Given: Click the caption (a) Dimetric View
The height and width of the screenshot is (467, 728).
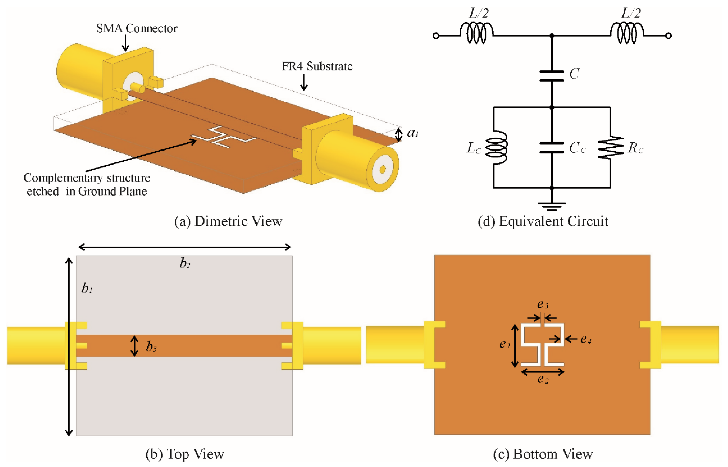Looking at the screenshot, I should coord(228,221).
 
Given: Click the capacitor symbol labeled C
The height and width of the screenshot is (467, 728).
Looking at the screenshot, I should coord(552,76).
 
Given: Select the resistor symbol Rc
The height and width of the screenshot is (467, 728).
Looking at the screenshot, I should coord(610,147).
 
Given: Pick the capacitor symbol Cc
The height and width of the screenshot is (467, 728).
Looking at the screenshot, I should coord(552,148).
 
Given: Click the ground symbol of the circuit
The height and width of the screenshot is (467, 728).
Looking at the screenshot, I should coord(552,206).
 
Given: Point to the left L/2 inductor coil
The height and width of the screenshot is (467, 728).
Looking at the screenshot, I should coord(476,33).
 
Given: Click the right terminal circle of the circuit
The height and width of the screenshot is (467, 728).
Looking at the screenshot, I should coord(668,36).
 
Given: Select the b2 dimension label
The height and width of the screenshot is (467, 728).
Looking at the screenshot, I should coord(185,263).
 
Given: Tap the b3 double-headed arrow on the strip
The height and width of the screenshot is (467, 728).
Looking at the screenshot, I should coord(134,346).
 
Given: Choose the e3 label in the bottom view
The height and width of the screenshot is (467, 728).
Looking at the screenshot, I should coord(542,304).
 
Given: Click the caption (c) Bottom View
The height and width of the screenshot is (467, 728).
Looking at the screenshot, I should coord(543,454).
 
